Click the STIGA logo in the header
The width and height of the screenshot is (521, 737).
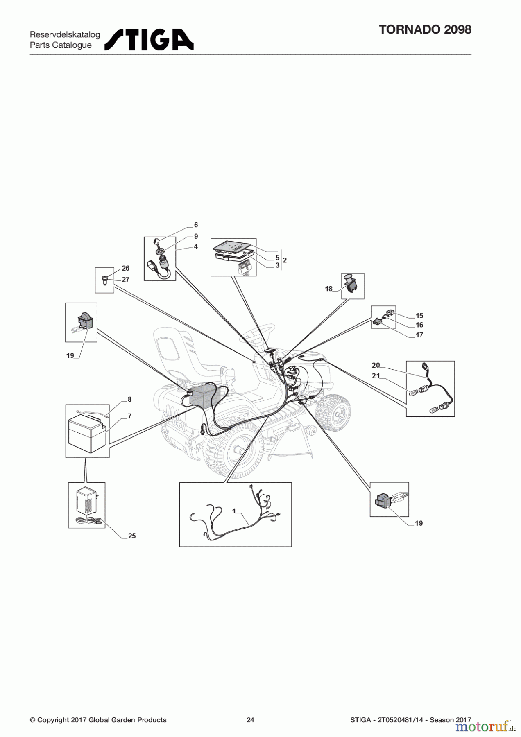tap(149, 40)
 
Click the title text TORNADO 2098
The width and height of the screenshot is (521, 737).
tap(425, 29)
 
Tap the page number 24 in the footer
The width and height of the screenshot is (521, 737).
tap(250, 720)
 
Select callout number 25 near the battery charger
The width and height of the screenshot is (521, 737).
tap(132, 536)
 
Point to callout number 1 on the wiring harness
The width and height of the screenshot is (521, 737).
tap(234, 511)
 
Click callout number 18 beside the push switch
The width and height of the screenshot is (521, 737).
tap(328, 289)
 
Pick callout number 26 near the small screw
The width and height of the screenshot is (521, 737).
tap(126, 268)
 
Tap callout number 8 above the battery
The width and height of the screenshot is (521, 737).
tap(129, 399)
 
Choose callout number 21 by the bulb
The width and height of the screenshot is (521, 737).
tap(376, 375)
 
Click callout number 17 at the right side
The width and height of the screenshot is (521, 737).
tap(419, 335)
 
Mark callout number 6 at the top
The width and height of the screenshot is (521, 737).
tap(196, 225)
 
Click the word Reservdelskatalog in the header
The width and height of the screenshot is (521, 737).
tap(65, 35)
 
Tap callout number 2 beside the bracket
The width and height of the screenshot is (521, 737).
tap(285, 260)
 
